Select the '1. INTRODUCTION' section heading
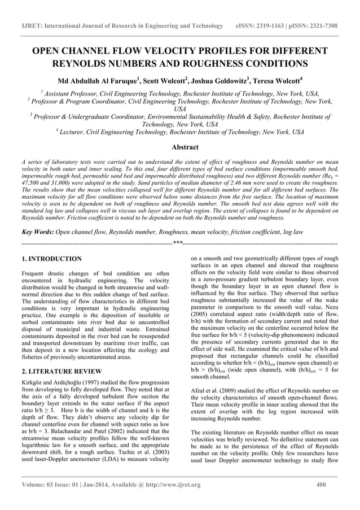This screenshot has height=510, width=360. point(51,259)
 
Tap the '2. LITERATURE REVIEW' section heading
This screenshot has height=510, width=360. point(61,371)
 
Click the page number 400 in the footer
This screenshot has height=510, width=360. point(323,485)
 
